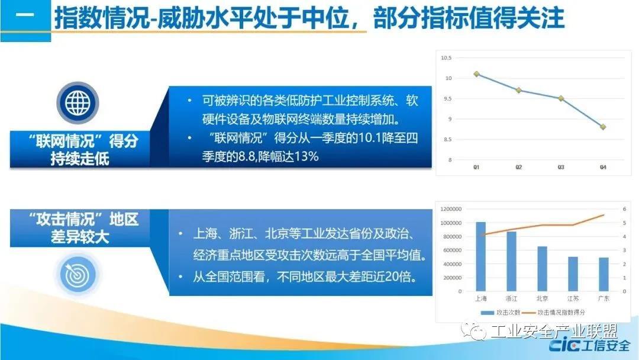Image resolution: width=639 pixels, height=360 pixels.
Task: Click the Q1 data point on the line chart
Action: tap(476, 74)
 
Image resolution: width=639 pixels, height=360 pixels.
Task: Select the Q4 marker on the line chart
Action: tap(603, 127)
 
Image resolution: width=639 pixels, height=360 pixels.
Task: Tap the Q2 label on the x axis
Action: tap(518, 167)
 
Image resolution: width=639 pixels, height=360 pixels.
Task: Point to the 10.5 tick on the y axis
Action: tap(446, 58)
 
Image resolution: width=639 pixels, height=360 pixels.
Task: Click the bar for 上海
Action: tap(481, 256)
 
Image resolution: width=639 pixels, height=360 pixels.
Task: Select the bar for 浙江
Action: tap(511, 261)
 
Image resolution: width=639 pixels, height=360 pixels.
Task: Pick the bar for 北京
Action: tap(542, 269)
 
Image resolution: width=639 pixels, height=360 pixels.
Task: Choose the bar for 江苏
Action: tap(573, 274)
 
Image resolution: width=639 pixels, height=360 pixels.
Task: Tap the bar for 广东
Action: tap(603, 274)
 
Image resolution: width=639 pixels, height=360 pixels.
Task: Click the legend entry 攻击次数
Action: tap(501, 313)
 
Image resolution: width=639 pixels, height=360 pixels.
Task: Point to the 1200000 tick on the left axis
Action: tap(451, 209)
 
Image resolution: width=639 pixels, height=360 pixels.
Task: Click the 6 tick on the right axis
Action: tap(624, 209)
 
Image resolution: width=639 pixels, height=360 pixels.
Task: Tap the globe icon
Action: tap(78, 102)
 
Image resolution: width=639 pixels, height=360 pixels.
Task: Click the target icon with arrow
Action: tap(78, 274)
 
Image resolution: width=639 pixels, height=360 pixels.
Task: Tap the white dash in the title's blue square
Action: tap(25, 15)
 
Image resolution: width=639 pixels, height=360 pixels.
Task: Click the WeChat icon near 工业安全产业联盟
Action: tap(473, 331)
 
